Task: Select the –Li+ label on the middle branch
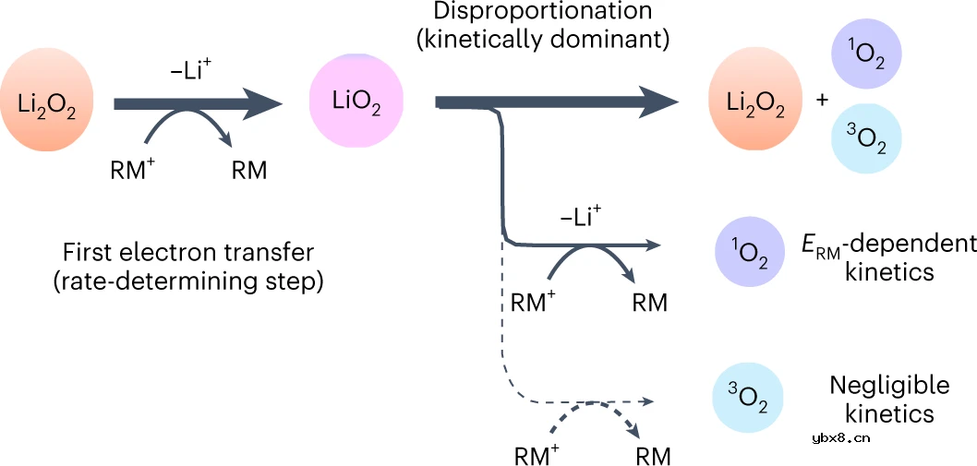pos(581,218)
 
